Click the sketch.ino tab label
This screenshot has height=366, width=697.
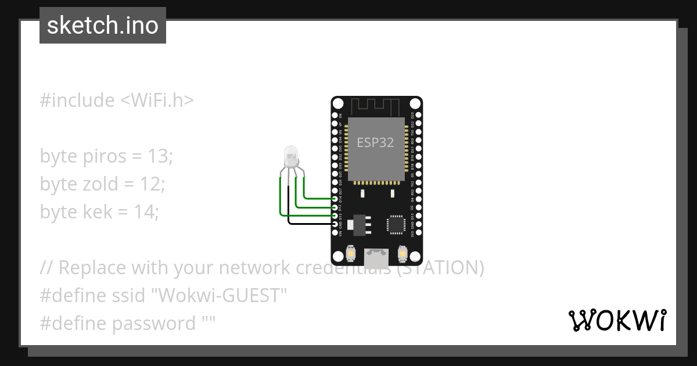(x=103, y=26)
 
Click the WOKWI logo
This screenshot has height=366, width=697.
(x=617, y=320)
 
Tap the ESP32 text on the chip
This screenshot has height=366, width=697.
(x=375, y=142)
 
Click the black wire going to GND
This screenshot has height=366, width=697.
(x=308, y=224)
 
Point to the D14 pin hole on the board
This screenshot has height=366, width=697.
(x=335, y=199)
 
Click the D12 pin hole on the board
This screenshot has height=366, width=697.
(x=335, y=207)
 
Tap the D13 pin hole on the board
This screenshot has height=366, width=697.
(x=335, y=216)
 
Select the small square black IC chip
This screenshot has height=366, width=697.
(x=396, y=224)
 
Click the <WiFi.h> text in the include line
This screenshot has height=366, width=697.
(x=156, y=101)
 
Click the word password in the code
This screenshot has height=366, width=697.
(x=153, y=324)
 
